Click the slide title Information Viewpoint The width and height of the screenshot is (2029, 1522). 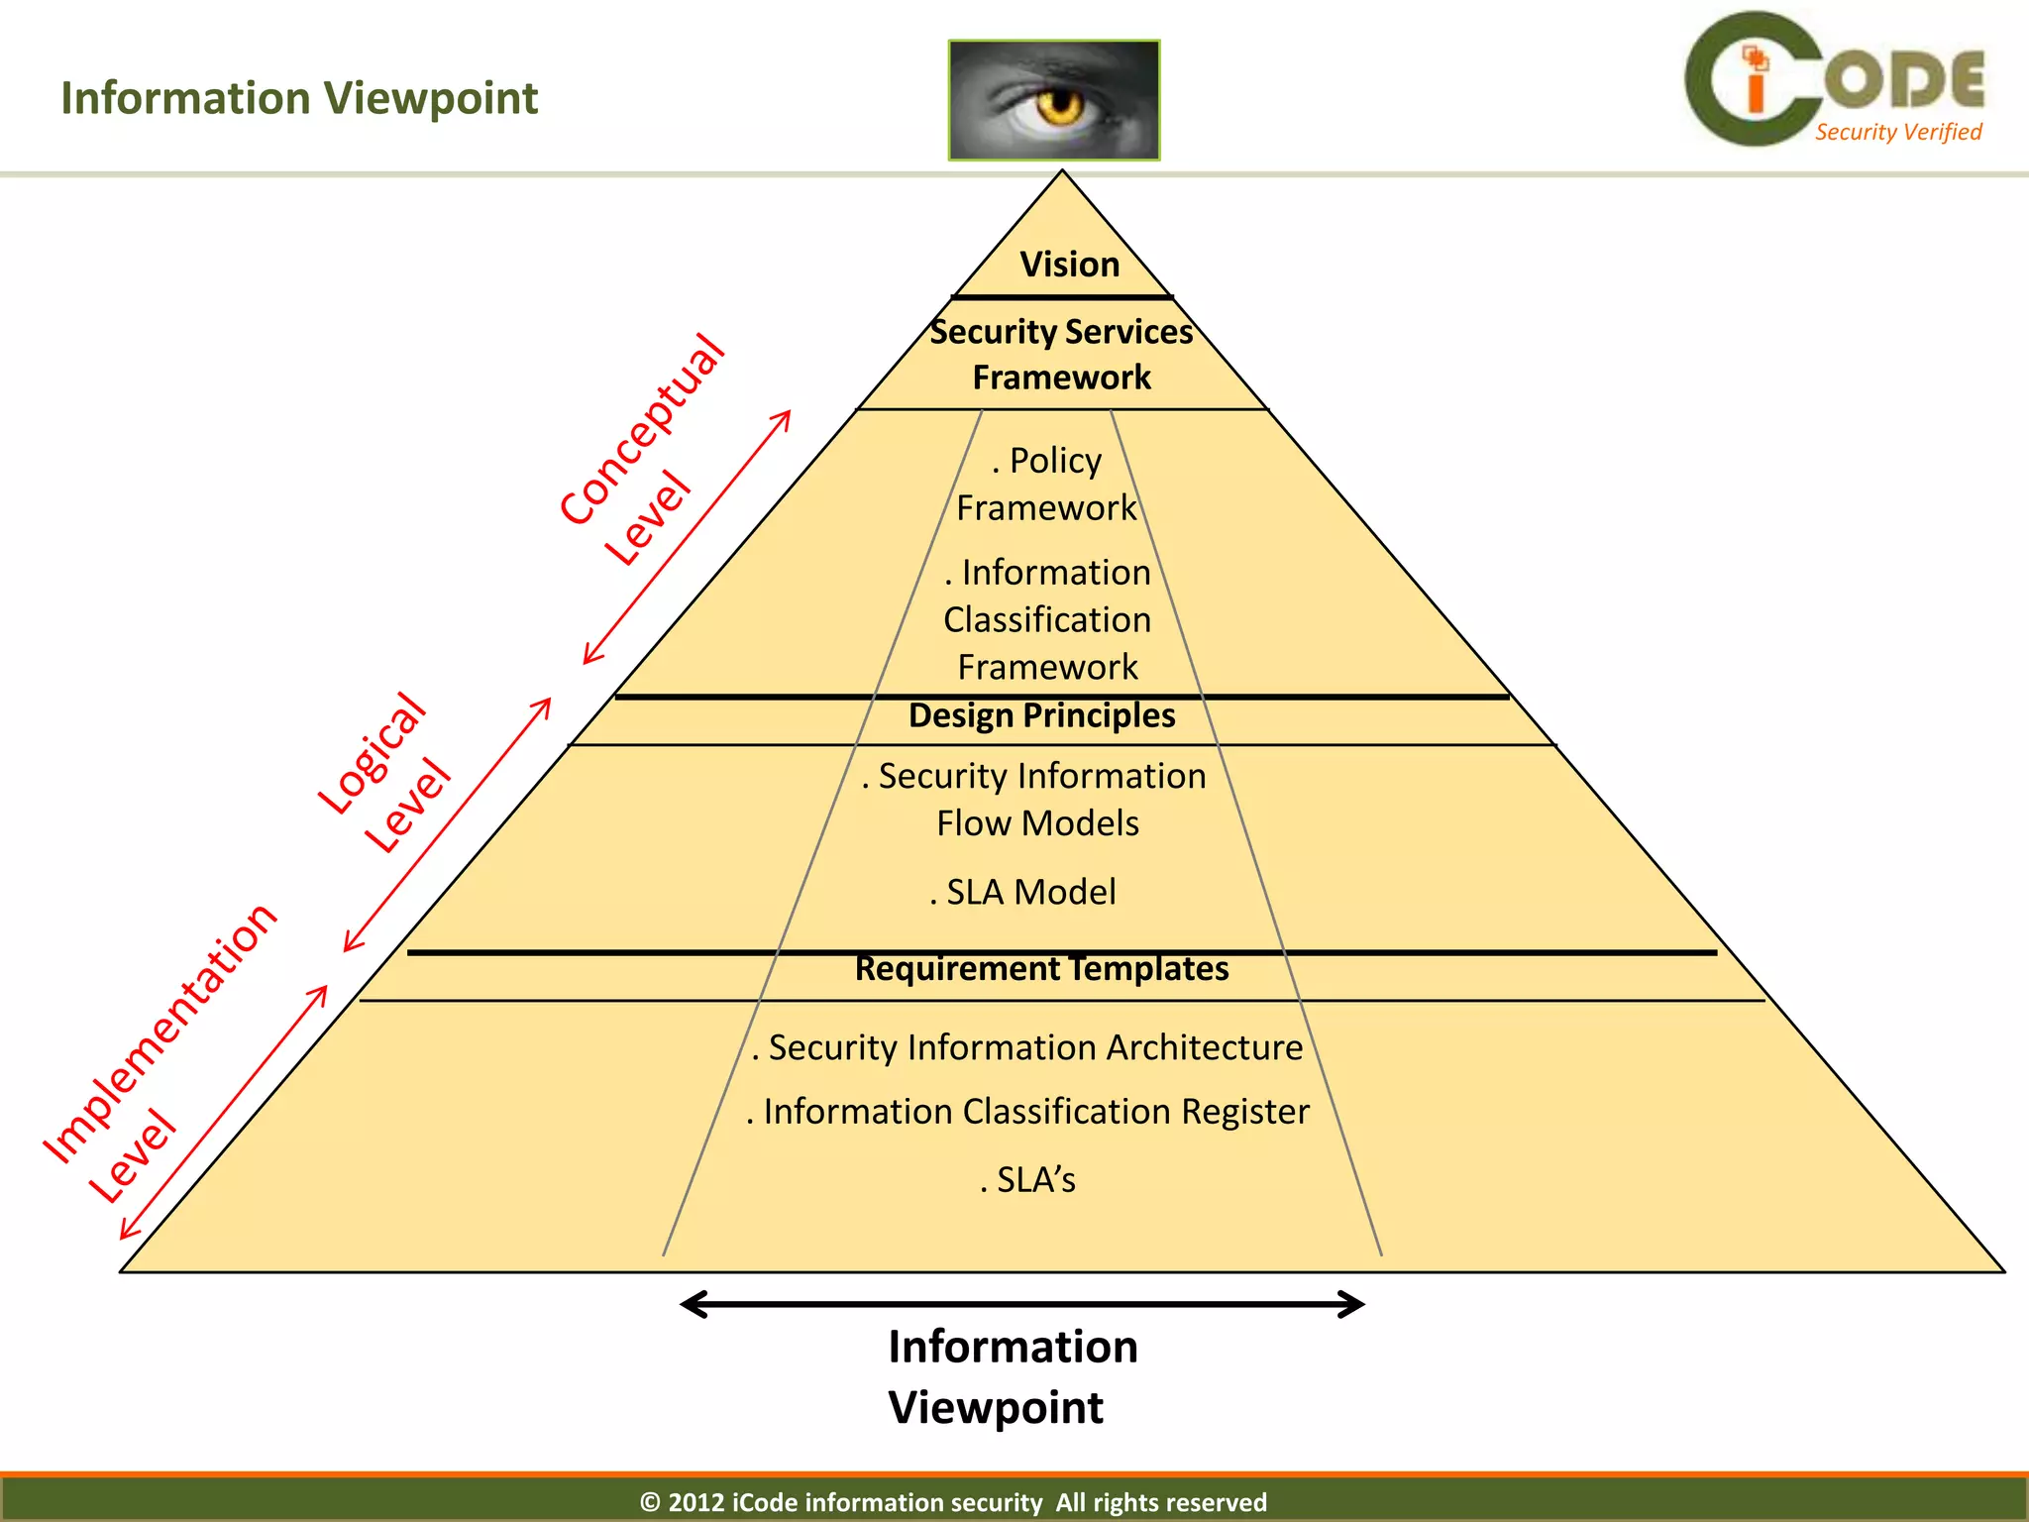(x=299, y=98)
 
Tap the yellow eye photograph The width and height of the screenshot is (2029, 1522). (x=1053, y=100)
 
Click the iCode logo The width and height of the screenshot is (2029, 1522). (x=1833, y=79)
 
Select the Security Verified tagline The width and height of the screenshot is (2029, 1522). (x=1897, y=132)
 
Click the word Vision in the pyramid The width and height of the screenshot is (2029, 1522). (x=1069, y=265)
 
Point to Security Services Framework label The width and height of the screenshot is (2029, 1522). (x=1061, y=354)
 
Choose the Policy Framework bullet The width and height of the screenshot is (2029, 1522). (x=1047, y=484)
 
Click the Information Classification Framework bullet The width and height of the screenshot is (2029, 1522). (x=1047, y=619)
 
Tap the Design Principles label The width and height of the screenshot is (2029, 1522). (x=1041, y=715)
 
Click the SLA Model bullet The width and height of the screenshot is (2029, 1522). (x=1023, y=892)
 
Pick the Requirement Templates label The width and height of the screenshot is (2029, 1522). (x=1041, y=968)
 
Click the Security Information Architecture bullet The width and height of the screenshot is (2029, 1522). (x=1027, y=1047)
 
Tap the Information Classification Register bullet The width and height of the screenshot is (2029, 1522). (x=1027, y=1112)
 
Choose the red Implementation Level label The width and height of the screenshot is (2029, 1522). (x=159, y=1055)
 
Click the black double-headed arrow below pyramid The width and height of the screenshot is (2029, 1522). (x=1022, y=1304)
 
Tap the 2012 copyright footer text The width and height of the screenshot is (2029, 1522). (x=953, y=1502)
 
